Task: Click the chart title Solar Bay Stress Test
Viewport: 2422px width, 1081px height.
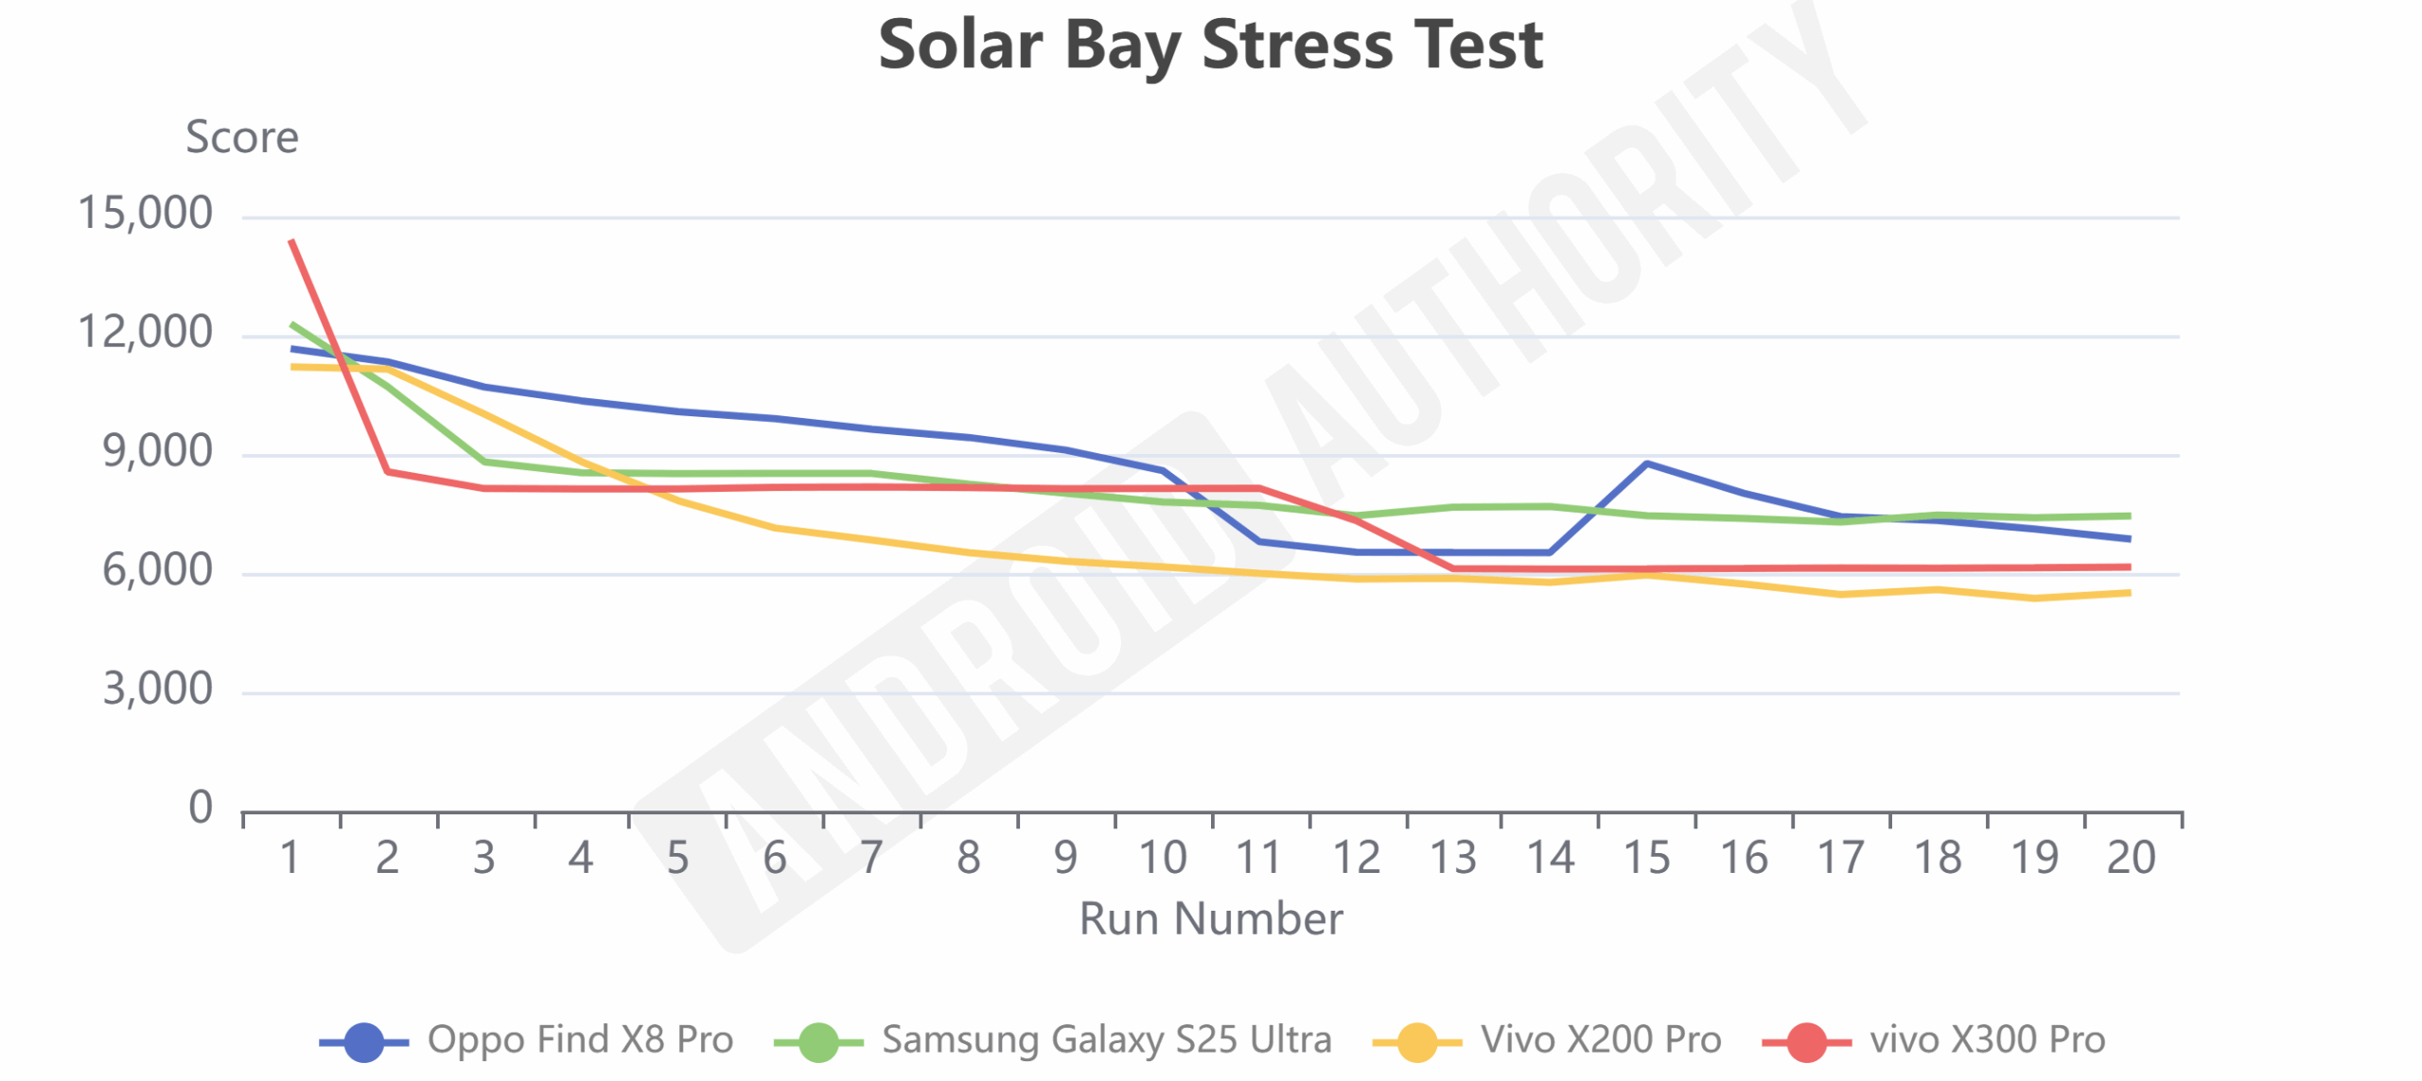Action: (1210, 45)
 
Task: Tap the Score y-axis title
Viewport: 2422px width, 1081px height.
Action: (242, 137)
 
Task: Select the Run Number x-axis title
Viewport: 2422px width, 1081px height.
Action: (1210, 918)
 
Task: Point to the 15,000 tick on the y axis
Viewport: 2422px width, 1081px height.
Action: (145, 213)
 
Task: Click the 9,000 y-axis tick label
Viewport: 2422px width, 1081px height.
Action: (157, 451)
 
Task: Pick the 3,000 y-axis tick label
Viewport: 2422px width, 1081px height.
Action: (157, 689)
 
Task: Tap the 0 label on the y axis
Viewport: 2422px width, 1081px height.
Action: (200, 808)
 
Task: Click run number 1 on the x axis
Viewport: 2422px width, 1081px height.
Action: (290, 858)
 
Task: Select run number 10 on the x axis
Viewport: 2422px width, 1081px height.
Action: (1162, 858)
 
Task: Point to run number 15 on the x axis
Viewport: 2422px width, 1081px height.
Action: (1646, 858)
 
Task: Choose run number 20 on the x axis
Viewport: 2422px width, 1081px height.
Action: (2131, 858)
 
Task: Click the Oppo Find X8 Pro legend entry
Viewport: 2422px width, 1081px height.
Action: (526, 1039)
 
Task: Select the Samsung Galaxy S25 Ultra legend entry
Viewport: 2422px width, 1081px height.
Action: (1052, 1039)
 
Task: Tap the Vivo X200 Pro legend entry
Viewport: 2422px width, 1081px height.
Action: (1547, 1039)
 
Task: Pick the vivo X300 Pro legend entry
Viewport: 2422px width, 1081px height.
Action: (1934, 1039)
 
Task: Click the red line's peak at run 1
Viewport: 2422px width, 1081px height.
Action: (291, 240)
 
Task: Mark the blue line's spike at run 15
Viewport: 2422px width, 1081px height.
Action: (1647, 463)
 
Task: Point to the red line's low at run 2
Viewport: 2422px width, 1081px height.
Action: (388, 471)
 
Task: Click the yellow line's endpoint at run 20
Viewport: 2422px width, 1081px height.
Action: (2130, 593)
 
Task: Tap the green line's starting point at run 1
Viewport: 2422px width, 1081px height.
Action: (291, 324)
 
